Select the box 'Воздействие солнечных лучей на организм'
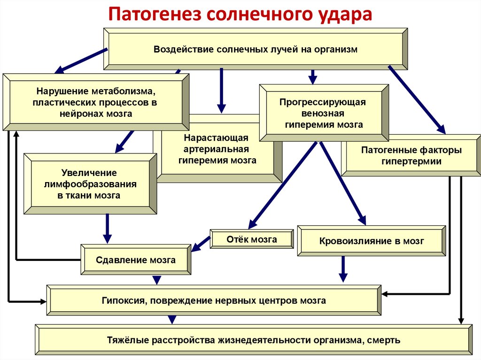coord(256,49)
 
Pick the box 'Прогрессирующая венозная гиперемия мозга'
coord(324,113)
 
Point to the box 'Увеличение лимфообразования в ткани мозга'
coord(89,184)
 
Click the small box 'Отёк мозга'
coord(251,239)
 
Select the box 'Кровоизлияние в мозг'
coord(371,241)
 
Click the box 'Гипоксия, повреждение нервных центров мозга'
coord(214,300)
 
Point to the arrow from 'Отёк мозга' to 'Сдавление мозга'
coord(202,243)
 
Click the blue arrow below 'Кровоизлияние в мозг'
coord(343,269)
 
